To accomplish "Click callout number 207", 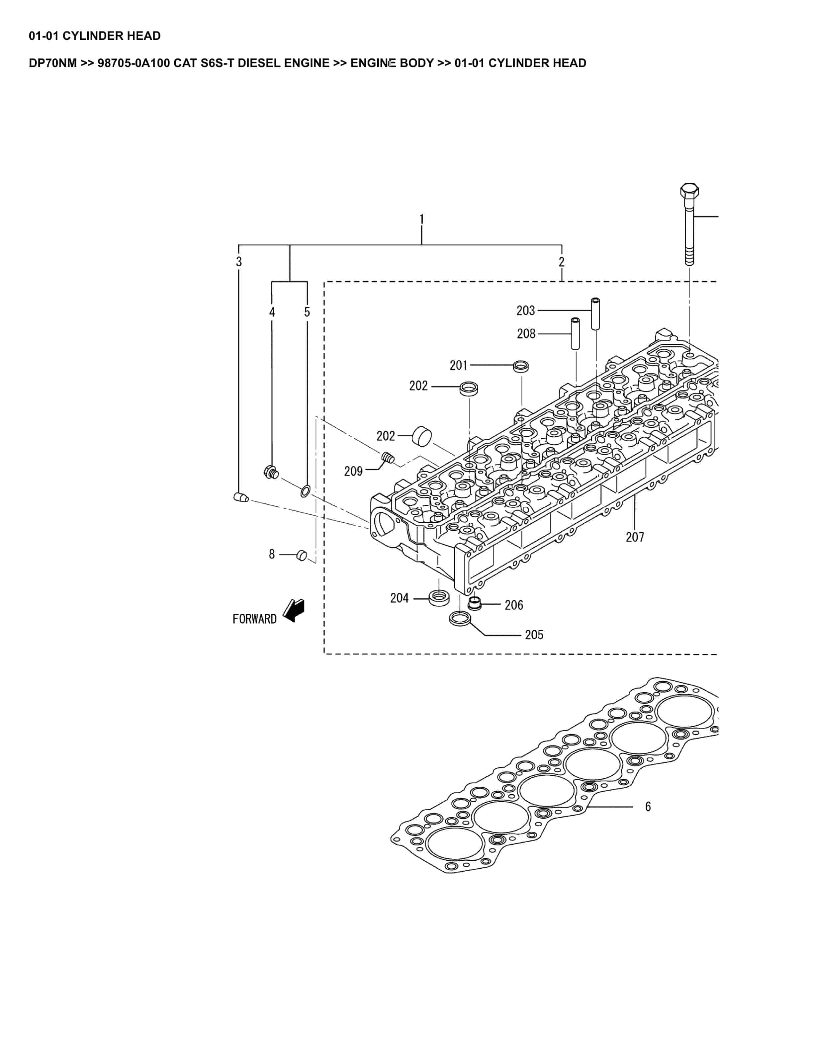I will point(634,537).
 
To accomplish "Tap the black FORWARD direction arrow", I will point(294,610).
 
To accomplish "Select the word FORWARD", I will point(254,619).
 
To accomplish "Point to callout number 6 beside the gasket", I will point(648,806).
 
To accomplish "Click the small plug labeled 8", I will point(302,555).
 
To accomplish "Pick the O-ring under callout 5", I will point(305,492).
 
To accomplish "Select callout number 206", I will point(513,605).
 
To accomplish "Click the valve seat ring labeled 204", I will point(439,598).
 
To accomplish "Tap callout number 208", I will point(526,333).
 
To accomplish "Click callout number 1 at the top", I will point(421,219).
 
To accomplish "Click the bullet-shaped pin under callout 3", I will point(241,497).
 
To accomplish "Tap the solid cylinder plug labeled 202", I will point(421,436).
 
